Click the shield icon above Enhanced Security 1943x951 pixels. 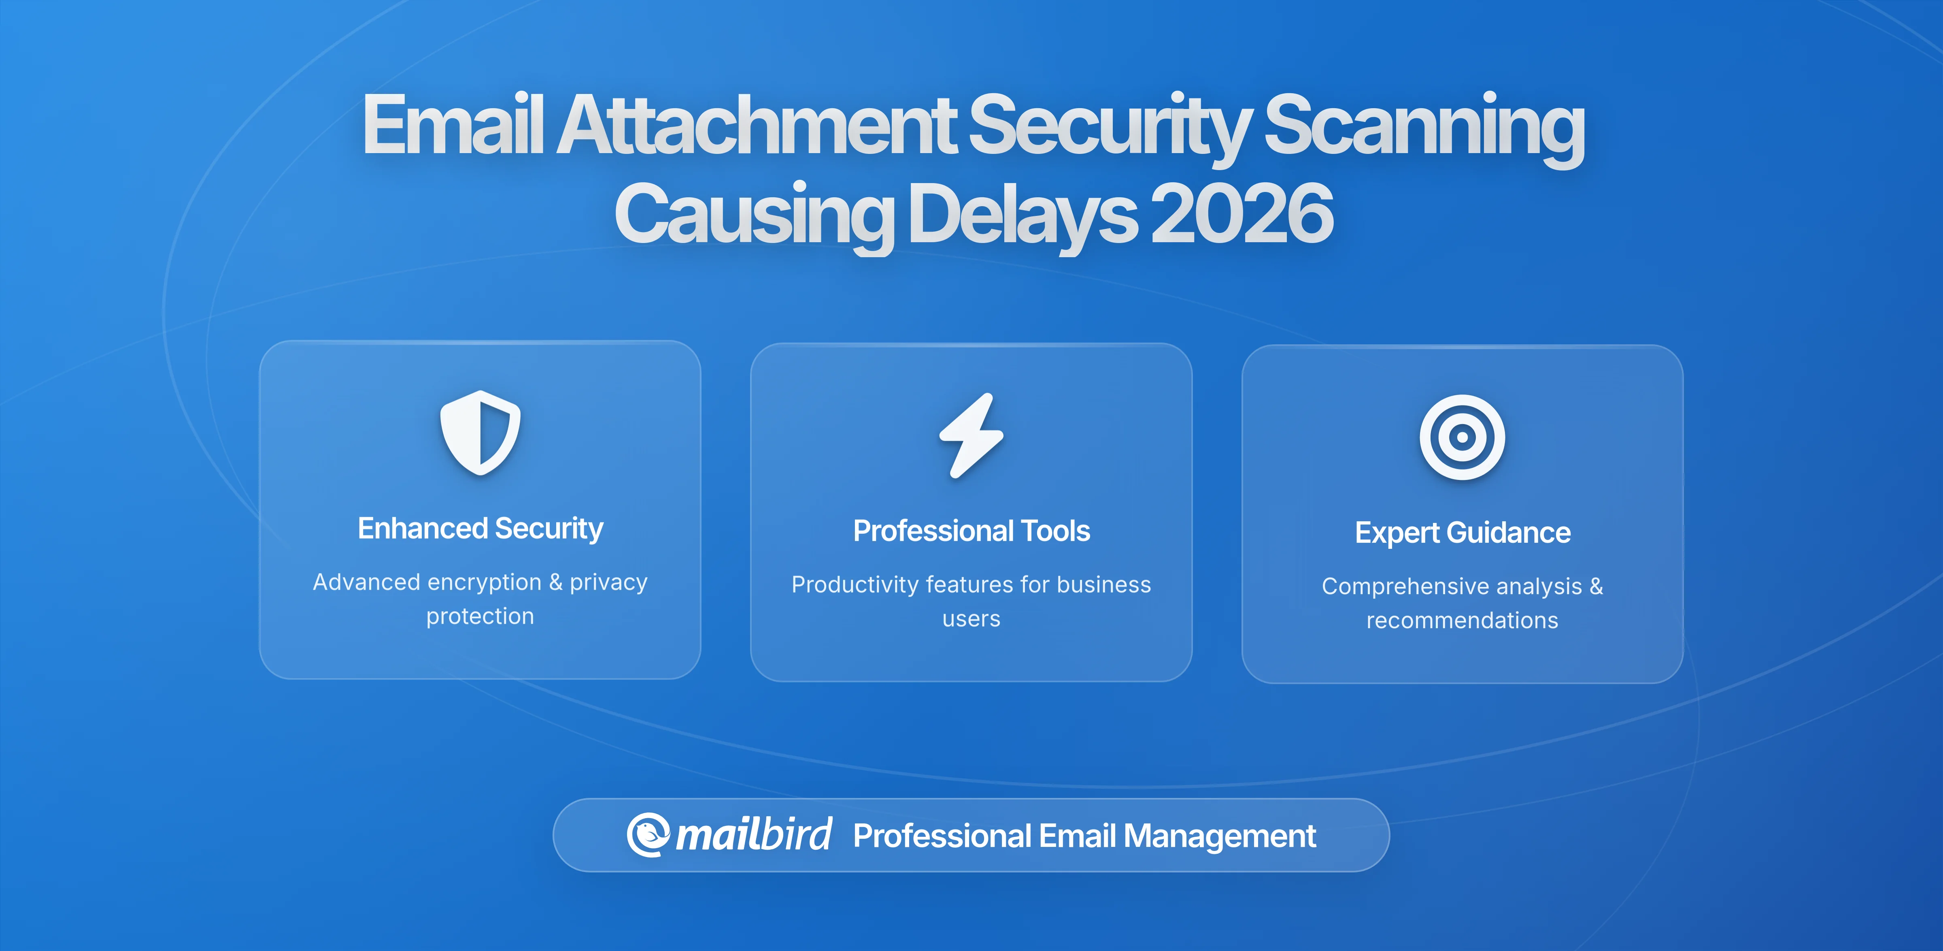click(x=480, y=433)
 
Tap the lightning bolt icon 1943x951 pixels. click(x=971, y=435)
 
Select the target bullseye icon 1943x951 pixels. click(x=1462, y=437)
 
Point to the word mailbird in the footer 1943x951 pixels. click(x=753, y=835)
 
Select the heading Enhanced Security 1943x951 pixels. click(x=480, y=528)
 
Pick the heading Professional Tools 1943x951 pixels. click(x=971, y=531)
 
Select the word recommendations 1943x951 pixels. click(x=1462, y=620)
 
